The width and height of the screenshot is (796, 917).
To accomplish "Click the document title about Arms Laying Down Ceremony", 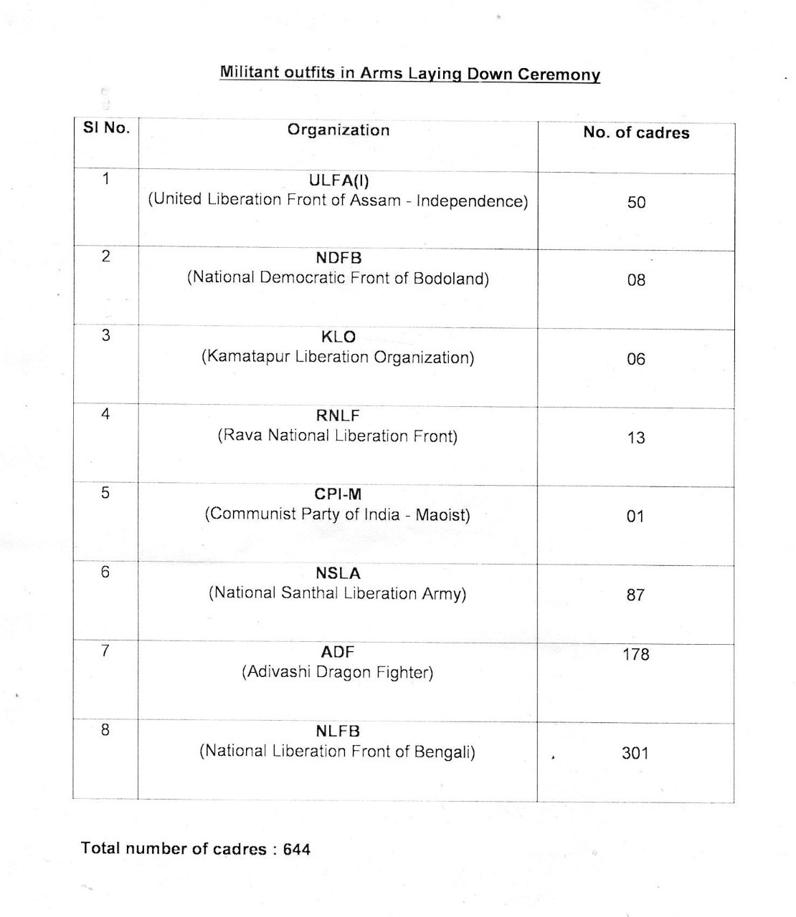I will click(409, 74).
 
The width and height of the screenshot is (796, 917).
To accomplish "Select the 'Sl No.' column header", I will click(107, 128).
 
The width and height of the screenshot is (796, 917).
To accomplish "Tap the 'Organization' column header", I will click(338, 130).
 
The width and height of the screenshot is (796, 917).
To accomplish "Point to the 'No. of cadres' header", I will click(636, 133).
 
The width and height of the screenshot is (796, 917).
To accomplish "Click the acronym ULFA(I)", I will click(338, 180).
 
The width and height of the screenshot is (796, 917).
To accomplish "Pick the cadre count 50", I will click(636, 203).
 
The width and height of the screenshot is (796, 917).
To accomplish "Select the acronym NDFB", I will click(338, 258).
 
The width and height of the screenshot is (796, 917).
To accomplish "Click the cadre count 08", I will click(636, 280).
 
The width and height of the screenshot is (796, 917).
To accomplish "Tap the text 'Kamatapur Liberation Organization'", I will click(338, 357).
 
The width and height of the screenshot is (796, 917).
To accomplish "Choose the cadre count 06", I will click(636, 359).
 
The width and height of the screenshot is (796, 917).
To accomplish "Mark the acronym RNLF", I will click(338, 416).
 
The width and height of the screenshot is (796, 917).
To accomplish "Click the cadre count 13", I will click(636, 438).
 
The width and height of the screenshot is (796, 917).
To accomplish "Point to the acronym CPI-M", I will click(338, 494).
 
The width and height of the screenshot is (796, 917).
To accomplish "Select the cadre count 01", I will click(635, 517).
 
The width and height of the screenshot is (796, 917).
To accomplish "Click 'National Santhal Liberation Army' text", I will click(338, 593).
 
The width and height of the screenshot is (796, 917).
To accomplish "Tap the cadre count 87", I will click(635, 595).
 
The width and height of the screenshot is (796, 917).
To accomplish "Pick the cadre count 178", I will click(635, 654).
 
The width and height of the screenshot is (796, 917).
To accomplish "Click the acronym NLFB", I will click(338, 731).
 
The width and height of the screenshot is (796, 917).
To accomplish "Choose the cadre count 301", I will click(635, 753).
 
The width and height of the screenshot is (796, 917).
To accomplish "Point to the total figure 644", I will click(297, 850).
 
